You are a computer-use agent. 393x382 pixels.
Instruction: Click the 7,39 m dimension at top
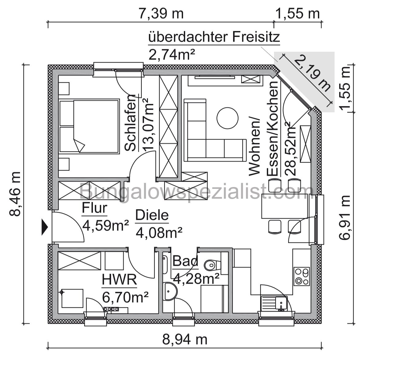[161, 13]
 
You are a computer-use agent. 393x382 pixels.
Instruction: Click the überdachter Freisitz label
[214, 38]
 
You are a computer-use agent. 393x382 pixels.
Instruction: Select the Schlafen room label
[131, 123]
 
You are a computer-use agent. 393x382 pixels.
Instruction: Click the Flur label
[94, 208]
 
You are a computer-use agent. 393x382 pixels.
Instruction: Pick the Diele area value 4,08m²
[159, 233]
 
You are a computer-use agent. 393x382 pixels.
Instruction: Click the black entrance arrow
[45, 228]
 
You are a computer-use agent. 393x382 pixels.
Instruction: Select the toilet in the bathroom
[211, 264]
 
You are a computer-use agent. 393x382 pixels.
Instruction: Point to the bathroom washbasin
[170, 291]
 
